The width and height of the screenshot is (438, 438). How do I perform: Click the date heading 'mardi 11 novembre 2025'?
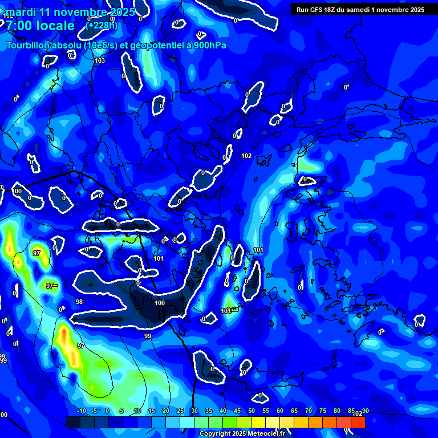(70, 12)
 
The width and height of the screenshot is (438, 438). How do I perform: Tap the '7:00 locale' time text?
(40, 26)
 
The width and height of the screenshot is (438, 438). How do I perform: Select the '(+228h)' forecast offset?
(102, 25)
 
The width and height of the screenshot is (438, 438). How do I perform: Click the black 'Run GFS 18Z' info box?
(360, 9)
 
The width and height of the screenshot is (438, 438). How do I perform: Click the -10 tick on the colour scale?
(81, 411)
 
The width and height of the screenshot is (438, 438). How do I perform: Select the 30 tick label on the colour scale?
(194, 411)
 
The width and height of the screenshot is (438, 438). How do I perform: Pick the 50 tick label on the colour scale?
(252, 411)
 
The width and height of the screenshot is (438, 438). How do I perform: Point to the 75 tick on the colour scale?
(323, 411)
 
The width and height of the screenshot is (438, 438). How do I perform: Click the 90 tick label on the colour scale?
(365, 411)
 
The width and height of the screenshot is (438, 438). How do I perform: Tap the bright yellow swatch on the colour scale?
(258, 422)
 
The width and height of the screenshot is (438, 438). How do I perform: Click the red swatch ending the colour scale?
(358, 422)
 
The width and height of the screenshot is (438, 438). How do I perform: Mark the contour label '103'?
(100, 60)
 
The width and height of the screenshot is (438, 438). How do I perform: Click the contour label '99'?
(148, 336)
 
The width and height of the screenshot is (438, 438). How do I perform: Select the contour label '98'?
(79, 302)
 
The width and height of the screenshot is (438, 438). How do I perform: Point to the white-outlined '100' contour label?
(160, 303)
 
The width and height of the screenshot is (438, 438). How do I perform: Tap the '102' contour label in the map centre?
(246, 156)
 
